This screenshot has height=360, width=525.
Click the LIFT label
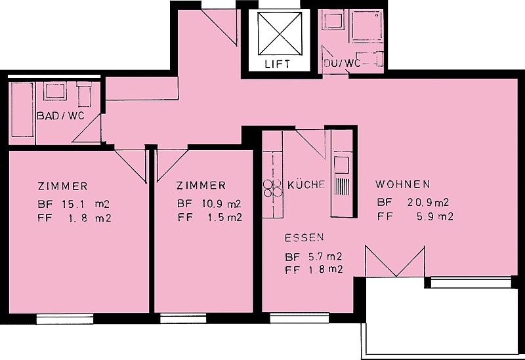[277, 64]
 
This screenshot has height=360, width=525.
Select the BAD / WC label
[60, 116]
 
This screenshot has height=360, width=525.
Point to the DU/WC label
[342, 63]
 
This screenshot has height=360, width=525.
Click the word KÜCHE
[306, 184]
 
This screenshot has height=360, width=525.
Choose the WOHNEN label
[403, 184]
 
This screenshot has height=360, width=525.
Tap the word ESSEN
[304, 237]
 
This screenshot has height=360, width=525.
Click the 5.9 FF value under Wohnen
[426, 217]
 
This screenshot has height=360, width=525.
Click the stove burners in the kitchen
[273, 188]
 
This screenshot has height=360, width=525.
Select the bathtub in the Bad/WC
[23, 110]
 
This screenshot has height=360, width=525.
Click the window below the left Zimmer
[64, 319]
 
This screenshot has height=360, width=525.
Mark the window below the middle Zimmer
[183, 319]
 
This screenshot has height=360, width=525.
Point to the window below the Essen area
[299, 319]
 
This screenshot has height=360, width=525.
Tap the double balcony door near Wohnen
[395, 261]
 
